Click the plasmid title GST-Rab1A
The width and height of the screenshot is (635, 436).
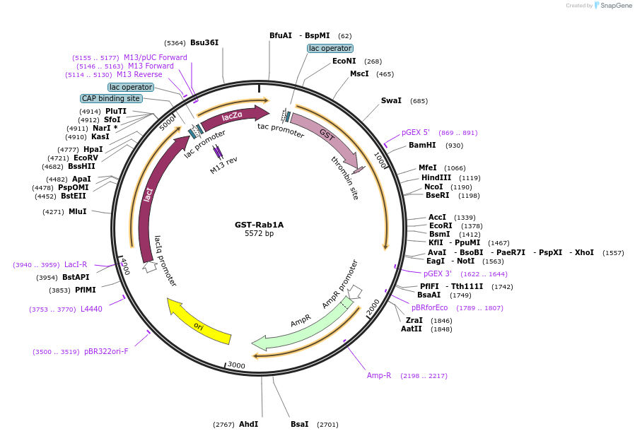click(259, 225)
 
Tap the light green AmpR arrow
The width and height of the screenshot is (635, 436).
click(304, 326)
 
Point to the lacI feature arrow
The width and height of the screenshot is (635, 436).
click(147, 198)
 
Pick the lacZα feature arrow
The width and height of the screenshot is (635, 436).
click(233, 117)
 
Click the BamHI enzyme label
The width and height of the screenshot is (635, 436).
click(422, 146)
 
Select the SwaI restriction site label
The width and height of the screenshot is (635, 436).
click(391, 100)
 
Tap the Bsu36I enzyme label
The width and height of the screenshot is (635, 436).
click(204, 42)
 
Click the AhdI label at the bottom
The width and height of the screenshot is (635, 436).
click(248, 424)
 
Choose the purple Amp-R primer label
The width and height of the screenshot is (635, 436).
click(379, 375)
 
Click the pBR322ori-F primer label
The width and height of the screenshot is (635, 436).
click(106, 351)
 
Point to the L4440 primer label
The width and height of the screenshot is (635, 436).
click(91, 309)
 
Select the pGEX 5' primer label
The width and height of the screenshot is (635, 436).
click(416, 132)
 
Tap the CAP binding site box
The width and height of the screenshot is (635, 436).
click(110, 99)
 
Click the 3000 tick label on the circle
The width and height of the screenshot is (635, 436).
click(235, 365)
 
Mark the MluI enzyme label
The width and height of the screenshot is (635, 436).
click(78, 211)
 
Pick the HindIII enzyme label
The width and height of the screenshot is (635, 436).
click(436, 178)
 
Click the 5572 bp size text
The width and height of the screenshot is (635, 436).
click(259, 234)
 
